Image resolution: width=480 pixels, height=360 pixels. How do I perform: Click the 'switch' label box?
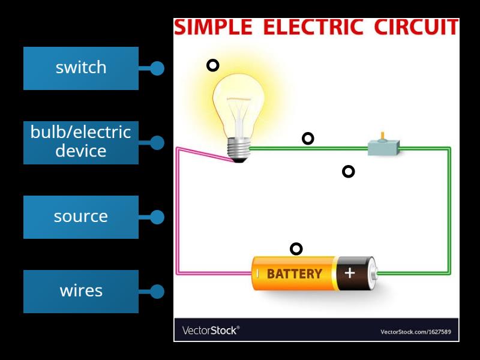(x=80, y=68)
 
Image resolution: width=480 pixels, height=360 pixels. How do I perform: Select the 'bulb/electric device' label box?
(x=80, y=142)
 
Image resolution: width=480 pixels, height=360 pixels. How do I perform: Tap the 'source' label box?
(x=80, y=217)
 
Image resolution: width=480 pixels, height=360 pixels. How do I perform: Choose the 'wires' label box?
(x=80, y=291)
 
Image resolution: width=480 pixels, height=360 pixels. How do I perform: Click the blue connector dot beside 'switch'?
(x=157, y=68)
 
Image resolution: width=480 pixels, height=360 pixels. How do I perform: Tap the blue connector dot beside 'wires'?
(x=157, y=292)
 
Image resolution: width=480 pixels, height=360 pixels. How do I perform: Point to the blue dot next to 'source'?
(x=157, y=217)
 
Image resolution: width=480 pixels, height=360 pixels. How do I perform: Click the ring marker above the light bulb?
(x=213, y=65)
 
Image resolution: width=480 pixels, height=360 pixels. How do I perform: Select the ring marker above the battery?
(x=296, y=249)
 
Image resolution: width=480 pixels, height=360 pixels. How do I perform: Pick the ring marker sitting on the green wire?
(x=308, y=139)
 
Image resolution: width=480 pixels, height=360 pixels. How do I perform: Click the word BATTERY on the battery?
(x=294, y=274)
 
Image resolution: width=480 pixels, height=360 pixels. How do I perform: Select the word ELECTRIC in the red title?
(x=313, y=28)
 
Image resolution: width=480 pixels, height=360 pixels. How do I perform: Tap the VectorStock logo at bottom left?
(x=210, y=331)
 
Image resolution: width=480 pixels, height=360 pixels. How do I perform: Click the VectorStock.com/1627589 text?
(x=416, y=332)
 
